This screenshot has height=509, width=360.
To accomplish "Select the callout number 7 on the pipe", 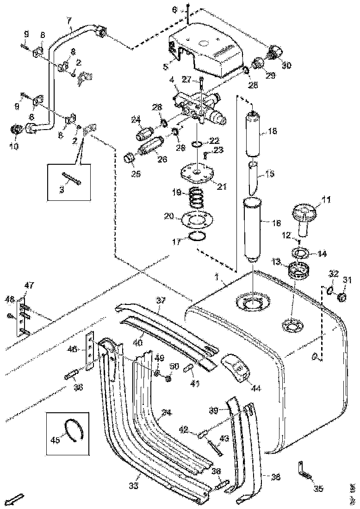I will (x=69, y=20).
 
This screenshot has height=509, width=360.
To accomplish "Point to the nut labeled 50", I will (x=168, y=379).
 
